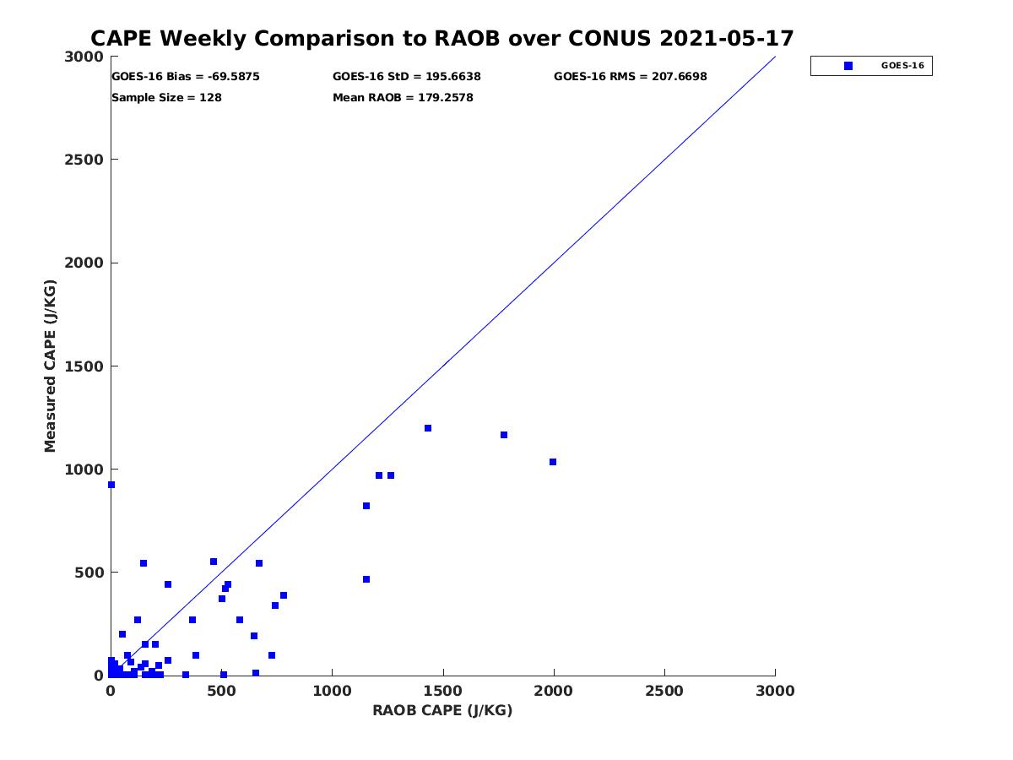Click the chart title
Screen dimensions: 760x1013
[x=441, y=39]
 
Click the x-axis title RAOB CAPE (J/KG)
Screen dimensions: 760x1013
[x=442, y=710]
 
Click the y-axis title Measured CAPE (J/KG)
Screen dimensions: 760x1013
[x=51, y=366]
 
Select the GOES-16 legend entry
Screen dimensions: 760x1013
[x=871, y=65]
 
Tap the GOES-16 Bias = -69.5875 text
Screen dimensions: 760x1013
[x=186, y=76]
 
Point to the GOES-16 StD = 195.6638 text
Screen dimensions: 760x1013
[x=407, y=76]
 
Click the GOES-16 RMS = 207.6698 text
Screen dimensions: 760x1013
[x=631, y=76]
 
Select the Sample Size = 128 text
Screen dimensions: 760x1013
[x=166, y=97]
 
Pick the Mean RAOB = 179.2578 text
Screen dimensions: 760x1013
[x=403, y=97]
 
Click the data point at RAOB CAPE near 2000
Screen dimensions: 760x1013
[x=553, y=462]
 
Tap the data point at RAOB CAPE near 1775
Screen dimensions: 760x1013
[x=504, y=435]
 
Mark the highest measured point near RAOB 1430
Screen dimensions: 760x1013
[x=428, y=428]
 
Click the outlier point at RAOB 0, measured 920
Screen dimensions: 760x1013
[x=111, y=485]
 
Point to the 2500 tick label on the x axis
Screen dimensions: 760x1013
[x=664, y=691]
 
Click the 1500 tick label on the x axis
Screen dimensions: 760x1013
[x=442, y=691]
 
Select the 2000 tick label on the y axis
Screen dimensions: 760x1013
[x=84, y=263]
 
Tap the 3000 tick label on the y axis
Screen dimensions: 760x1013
[x=84, y=57]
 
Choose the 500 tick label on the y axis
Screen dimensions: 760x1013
[x=89, y=573]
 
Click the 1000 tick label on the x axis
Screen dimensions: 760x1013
[x=332, y=691]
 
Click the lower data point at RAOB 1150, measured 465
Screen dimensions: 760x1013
[x=366, y=579]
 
